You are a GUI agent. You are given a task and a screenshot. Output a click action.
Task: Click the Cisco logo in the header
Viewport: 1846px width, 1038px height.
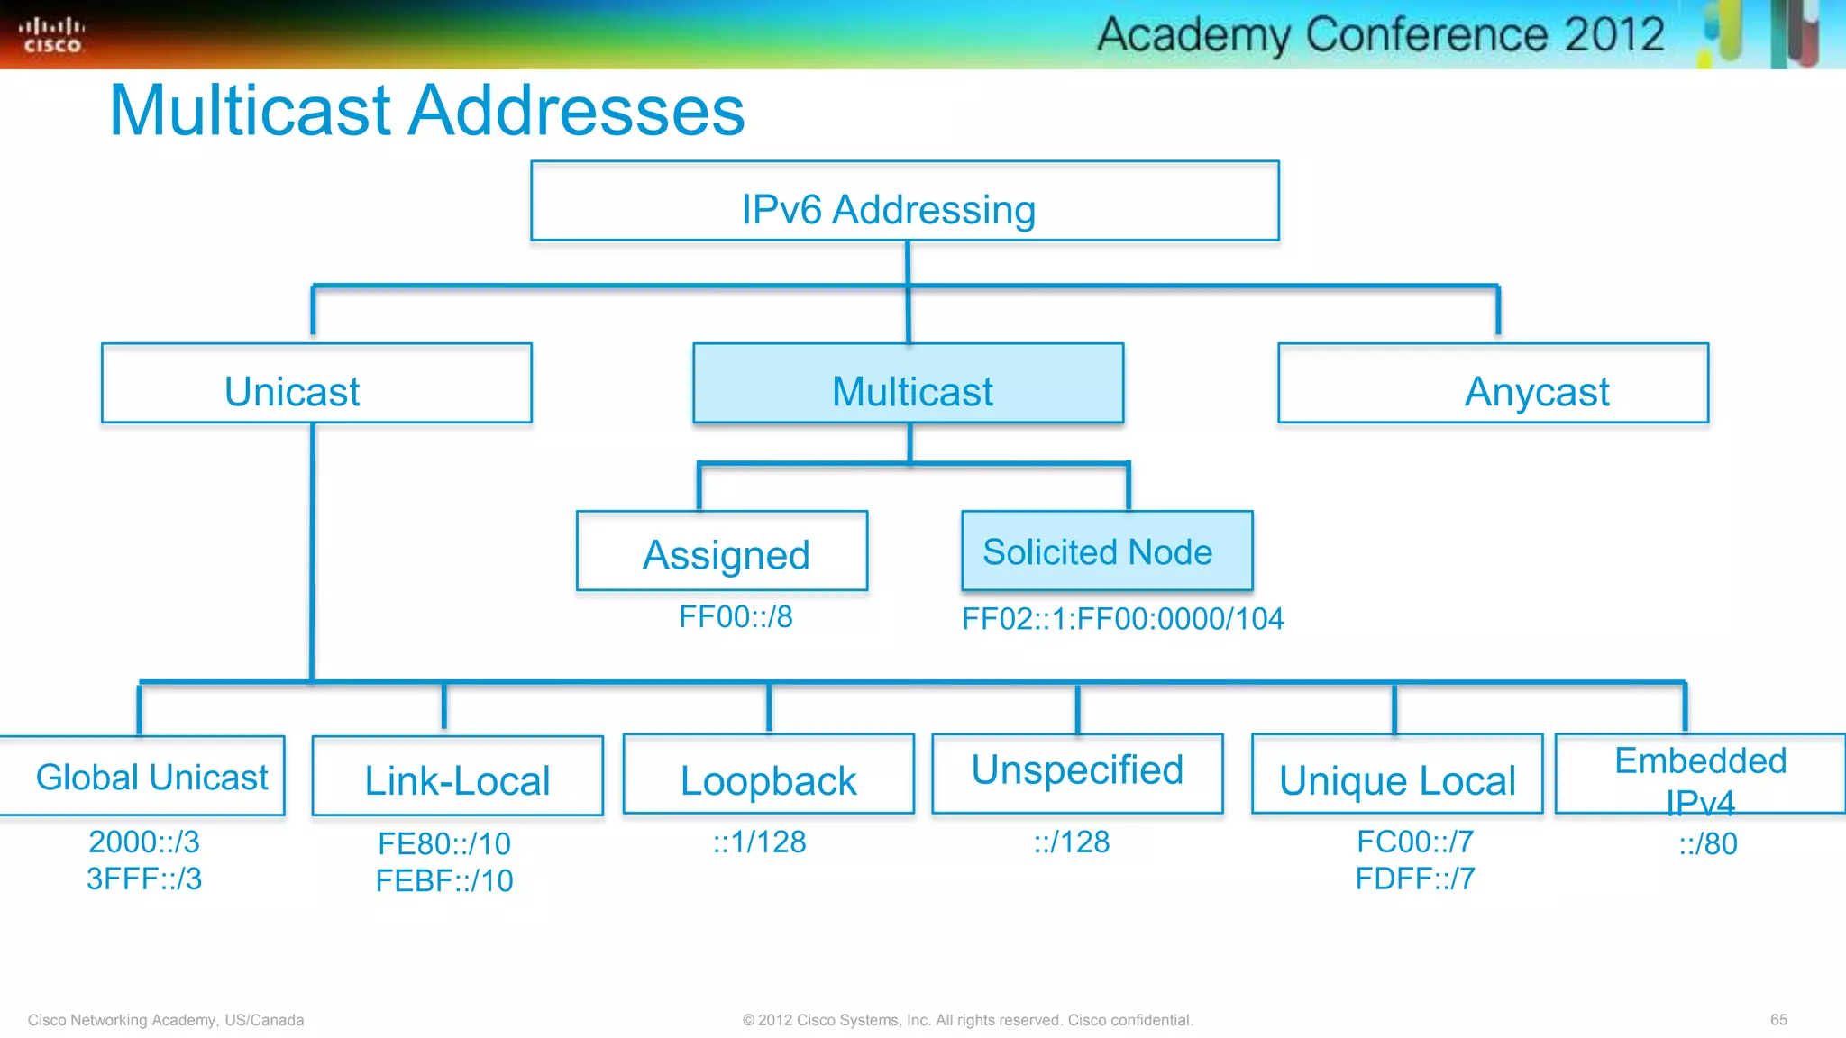coord(52,35)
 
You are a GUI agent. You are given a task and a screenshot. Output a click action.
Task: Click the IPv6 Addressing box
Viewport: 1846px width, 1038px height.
coord(904,202)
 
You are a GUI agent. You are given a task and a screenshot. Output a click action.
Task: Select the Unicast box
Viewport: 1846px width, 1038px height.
coord(316,384)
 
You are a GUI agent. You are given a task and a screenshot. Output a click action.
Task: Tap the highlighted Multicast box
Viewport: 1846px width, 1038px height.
coord(908,384)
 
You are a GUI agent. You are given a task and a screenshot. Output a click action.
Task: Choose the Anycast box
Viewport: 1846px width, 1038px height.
coord(1493,384)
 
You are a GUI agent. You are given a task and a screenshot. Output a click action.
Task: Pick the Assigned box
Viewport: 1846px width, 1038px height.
coord(722,551)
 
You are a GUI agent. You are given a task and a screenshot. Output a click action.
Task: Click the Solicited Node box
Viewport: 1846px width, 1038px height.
coord(1107,551)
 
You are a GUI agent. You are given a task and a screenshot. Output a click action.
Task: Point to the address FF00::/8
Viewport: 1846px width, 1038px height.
coord(736,617)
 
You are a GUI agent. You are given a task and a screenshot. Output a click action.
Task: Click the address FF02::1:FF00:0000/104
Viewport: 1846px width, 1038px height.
coord(1122,619)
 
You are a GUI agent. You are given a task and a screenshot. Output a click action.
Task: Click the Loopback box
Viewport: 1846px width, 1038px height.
coord(768,775)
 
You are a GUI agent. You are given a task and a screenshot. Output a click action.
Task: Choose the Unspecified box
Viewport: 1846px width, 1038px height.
coord(1077,773)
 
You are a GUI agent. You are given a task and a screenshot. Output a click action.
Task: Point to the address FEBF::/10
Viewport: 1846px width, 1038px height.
coord(444,880)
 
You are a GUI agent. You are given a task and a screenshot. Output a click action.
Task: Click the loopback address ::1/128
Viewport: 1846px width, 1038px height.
coord(759,842)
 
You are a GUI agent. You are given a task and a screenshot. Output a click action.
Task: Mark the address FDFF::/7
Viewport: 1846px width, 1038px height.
coord(1415,879)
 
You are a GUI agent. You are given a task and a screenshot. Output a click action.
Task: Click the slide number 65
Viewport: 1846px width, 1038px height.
coord(1778,1020)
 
